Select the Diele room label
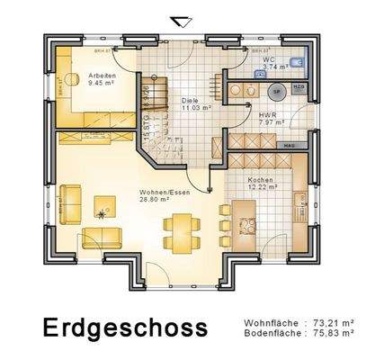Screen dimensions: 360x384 189,100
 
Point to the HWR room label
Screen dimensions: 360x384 266,115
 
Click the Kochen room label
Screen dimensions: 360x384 261,179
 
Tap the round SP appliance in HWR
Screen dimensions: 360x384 277,91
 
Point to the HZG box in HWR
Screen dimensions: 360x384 299,85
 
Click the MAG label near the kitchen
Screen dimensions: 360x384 290,145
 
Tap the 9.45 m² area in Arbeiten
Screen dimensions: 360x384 103,83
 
